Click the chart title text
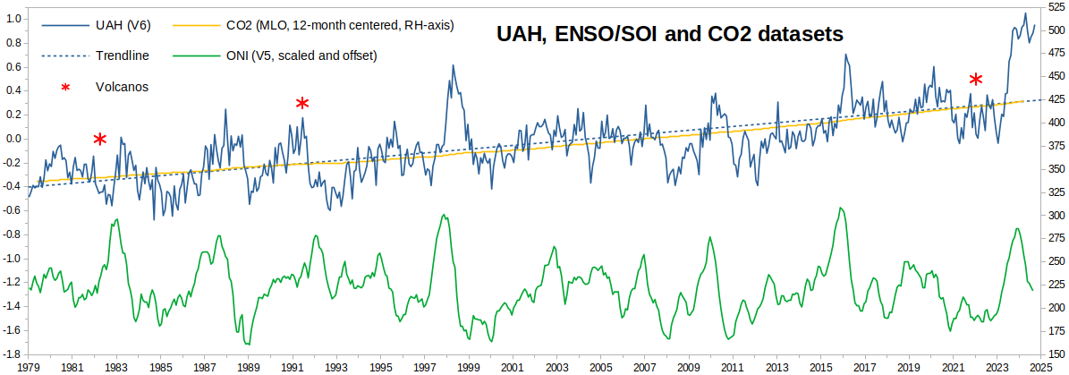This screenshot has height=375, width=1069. click(669, 35)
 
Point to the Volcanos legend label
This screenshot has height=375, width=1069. click(122, 87)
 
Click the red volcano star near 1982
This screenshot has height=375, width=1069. click(100, 139)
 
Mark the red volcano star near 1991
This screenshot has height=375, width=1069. click(302, 103)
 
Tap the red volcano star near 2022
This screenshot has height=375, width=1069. click(976, 80)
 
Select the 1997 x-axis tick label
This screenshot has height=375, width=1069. click(424, 368)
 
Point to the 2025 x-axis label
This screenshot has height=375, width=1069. click(1040, 368)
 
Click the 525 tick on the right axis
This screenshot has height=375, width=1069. click(1056, 8)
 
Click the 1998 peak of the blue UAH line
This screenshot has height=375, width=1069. click(453, 65)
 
